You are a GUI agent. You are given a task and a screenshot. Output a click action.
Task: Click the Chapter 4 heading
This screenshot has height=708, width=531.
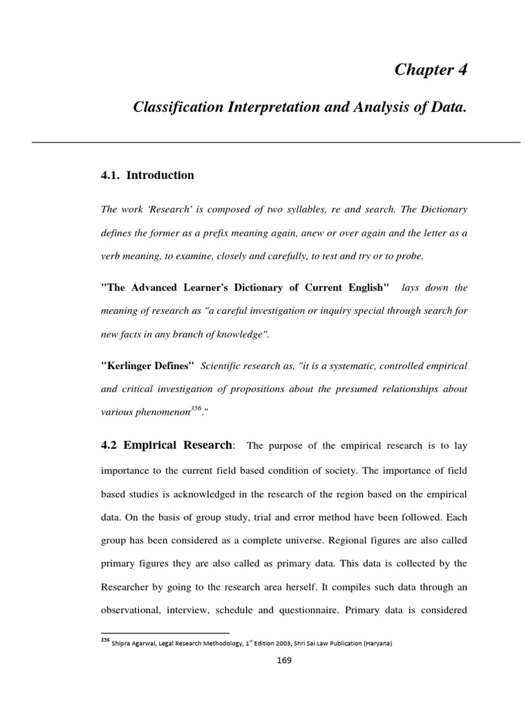click(x=430, y=70)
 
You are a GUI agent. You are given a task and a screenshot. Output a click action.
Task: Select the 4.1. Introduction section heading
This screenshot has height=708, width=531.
click(x=147, y=176)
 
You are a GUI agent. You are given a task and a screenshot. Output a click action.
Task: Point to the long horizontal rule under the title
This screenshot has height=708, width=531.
click(x=275, y=142)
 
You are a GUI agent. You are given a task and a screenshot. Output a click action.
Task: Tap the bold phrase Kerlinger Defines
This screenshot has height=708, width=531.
click(x=148, y=365)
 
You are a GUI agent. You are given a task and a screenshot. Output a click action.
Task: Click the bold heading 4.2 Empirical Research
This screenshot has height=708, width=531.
click(x=167, y=445)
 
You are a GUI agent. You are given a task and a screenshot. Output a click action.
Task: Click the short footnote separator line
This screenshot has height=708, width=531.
click(x=165, y=633)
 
